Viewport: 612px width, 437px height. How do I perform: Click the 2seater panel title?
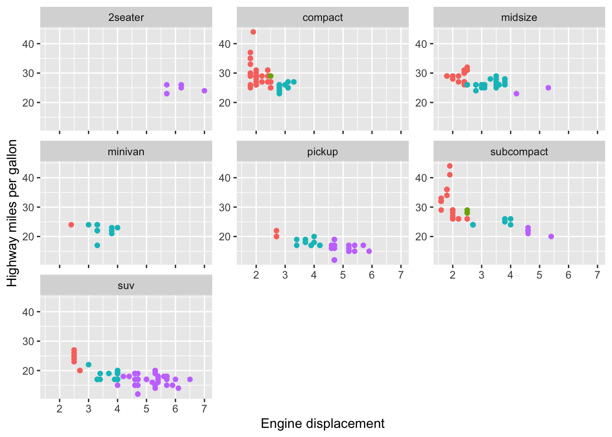point(126,18)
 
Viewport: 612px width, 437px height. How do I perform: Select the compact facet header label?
point(322,18)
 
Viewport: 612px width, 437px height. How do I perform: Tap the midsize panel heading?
point(519,18)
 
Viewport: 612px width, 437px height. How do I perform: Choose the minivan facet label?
point(126,152)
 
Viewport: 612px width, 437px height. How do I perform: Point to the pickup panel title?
point(322,152)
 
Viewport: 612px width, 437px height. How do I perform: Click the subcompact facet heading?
point(519,152)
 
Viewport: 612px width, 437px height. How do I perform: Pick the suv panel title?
point(126,286)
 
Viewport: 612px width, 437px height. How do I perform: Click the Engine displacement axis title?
point(322,424)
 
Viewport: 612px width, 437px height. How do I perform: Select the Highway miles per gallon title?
point(12,213)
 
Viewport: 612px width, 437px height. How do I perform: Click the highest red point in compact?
point(253,32)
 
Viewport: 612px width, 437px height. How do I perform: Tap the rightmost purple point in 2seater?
point(204,91)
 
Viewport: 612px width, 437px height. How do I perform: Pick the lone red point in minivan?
point(71,225)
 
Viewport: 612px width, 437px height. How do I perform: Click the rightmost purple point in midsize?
point(548,88)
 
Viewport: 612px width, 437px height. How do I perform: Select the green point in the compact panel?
point(270,76)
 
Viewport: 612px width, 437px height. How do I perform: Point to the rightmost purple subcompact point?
point(551,237)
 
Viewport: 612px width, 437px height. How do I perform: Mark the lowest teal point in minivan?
point(97,245)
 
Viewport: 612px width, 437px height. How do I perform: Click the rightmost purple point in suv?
point(190,379)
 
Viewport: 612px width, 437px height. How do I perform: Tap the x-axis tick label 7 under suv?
point(204,409)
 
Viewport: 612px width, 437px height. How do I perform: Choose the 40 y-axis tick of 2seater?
point(28,44)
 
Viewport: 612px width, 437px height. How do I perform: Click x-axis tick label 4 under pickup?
point(314,275)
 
